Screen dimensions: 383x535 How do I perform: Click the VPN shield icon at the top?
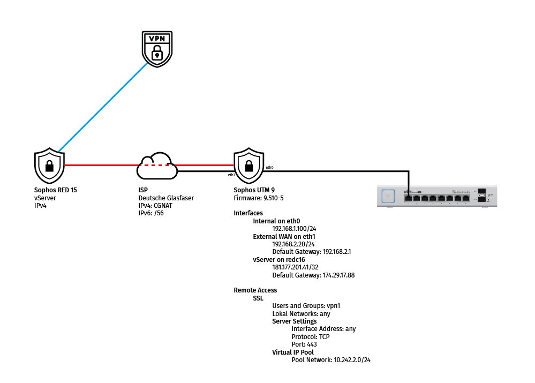pos(156,48)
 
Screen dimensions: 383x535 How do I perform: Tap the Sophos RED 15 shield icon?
pos(49,166)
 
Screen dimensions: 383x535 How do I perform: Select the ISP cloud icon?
pos(157,166)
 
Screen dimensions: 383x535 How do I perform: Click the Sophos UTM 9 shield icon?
pos(249,166)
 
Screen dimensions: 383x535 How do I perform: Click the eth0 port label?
pos(269,168)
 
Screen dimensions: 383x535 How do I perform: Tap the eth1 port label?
pos(231,175)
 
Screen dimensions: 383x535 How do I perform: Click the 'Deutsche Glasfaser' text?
pos(166,198)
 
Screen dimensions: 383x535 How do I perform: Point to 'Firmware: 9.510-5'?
pos(259,198)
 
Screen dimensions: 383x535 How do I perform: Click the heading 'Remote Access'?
pos(255,290)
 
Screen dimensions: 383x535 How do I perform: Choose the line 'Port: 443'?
pos(304,344)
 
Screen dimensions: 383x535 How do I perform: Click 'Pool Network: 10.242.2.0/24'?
pos(331,360)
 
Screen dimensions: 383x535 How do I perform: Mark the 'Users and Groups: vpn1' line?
pos(306,306)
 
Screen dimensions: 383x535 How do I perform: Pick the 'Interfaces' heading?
pos(248,213)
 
